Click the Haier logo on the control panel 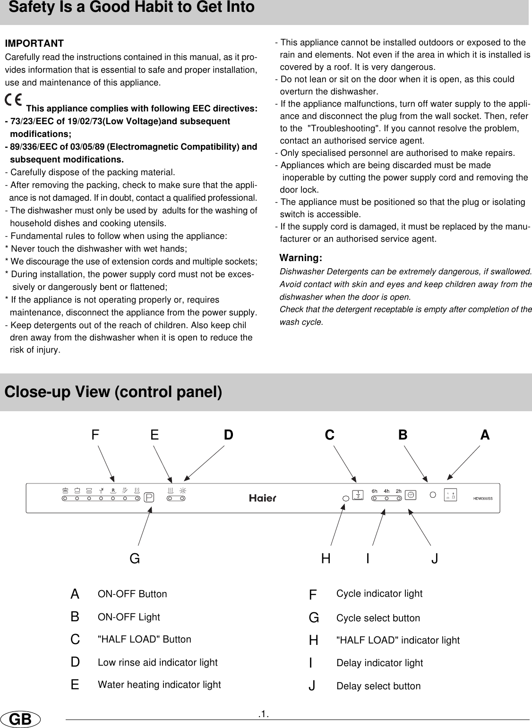click(263, 498)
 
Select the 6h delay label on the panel click(375, 491)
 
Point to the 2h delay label click(398, 491)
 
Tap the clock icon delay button click(411, 495)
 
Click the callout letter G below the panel click(135, 559)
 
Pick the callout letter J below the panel click(435, 559)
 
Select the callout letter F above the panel click(95, 435)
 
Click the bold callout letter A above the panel click(485, 435)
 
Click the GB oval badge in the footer click(20, 720)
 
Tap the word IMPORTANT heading click(34, 44)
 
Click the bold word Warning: click(301, 258)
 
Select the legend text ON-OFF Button click(132, 594)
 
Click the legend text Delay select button click(378, 686)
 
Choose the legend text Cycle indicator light click(379, 593)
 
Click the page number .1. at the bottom click(264, 714)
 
